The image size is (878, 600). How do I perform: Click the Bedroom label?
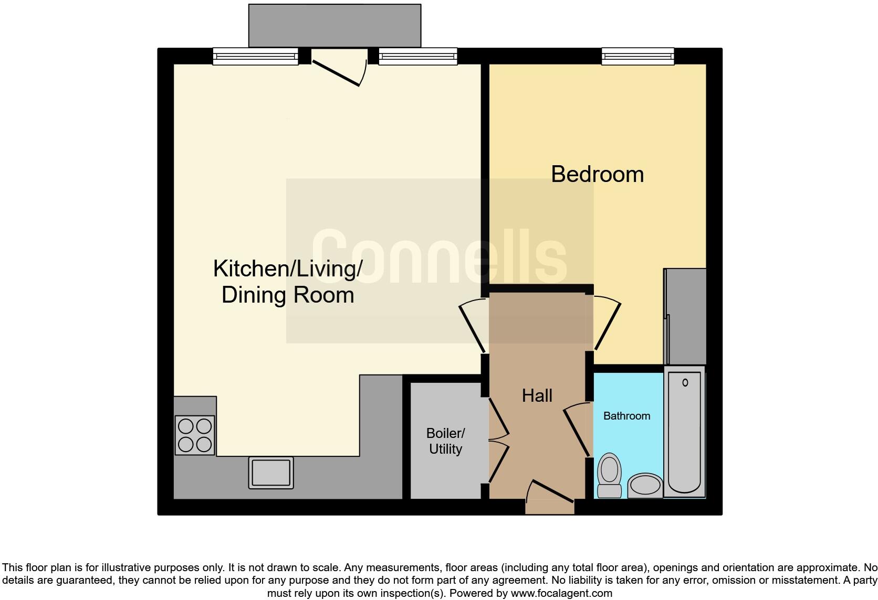(x=597, y=174)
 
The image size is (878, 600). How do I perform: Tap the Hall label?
(x=537, y=395)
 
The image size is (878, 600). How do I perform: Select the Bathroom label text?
(x=626, y=416)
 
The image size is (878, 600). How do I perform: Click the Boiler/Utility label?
(x=445, y=441)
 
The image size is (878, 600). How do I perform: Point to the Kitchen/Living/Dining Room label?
(x=287, y=282)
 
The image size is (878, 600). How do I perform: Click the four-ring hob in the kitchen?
(x=195, y=435)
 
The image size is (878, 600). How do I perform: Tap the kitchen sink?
(x=271, y=472)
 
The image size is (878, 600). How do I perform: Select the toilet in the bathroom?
(x=609, y=475)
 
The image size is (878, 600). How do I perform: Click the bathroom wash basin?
(x=645, y=485)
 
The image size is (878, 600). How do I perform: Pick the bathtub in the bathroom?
(x=684, y=431)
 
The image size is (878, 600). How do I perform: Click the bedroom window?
(x=637, y=56)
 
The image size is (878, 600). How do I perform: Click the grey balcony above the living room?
(x=335, y=26)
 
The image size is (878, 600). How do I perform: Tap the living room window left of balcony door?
(x=255, y=56)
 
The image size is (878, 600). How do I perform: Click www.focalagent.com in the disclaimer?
(x=561, y=593)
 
